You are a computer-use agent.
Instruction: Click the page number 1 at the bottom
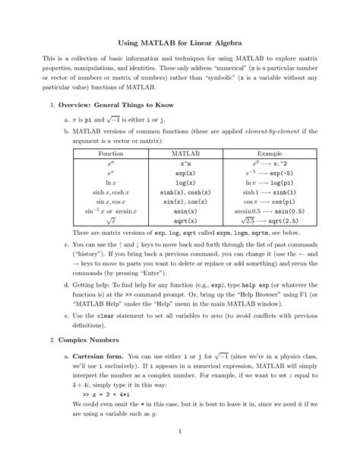pos(179,454)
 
